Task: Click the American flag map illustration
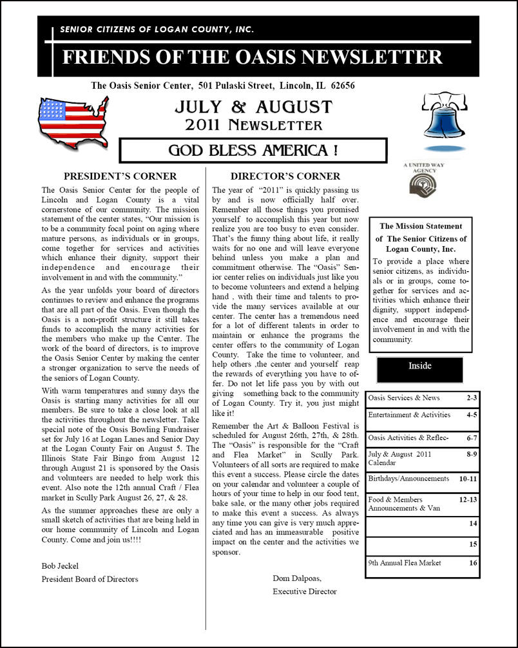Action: click(x=73, y=120)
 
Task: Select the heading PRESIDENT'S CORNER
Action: click(x=120, y=176)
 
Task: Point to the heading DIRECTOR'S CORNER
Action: click(x=285, y=176)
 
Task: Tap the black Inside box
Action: click(x=419, y=367)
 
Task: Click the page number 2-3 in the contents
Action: click(x=472, y=398)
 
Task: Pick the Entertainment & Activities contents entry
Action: click(x=409, y=415)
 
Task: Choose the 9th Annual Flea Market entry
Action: click(x=405, y=562)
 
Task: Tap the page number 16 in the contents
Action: click(x=473, y=562)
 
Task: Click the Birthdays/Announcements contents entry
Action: click(x=408, y=479)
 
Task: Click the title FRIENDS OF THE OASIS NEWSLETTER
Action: click(x=252, y=57)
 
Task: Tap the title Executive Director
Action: click(x=304, y=591)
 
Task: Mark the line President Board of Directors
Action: click(x=90, y=579)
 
